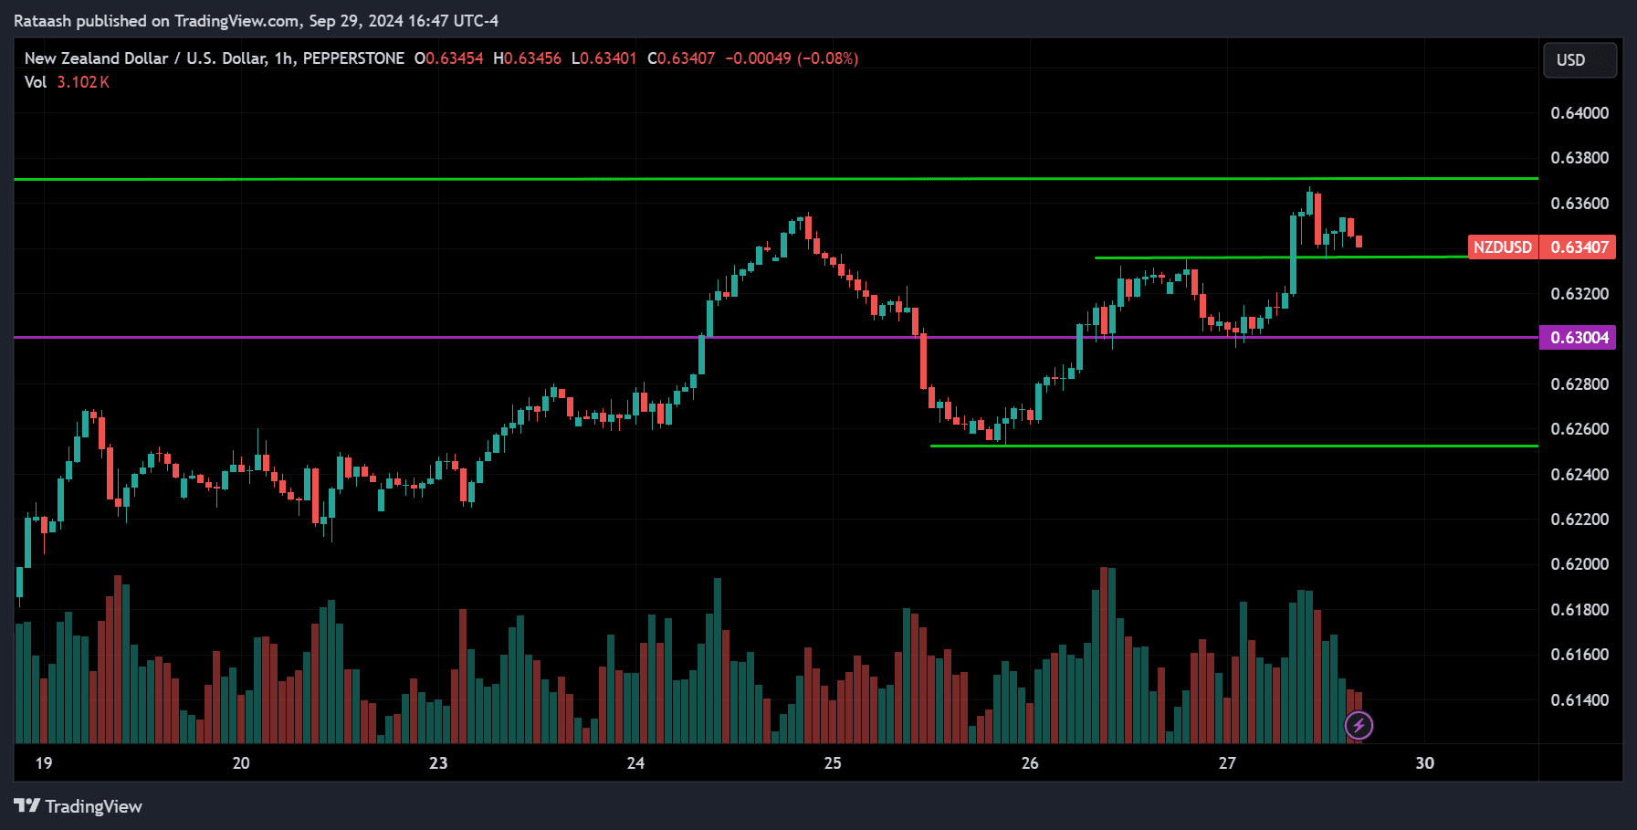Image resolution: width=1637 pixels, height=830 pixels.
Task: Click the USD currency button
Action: [x=1579, y=60]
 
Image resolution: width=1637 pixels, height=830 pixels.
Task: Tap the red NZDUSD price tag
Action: [x=1502, y=247]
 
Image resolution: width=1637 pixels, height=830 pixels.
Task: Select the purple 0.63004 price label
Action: [x=1579, y=338]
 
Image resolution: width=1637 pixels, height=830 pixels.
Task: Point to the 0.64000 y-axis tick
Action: [x=1579, y=113]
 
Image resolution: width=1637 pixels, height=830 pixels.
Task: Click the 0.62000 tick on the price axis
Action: [x=1579, y=564]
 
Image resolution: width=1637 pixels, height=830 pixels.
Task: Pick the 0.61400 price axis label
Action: [x=1579, y=700]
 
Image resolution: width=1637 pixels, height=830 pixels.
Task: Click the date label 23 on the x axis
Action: [x=438, y=763]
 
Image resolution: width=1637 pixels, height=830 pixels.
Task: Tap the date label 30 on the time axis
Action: [x=1424, y=763]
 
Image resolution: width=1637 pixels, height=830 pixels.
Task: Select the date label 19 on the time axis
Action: [x=44, y=763]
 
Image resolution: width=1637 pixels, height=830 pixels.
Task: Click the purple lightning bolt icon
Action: [x=1359, y=726]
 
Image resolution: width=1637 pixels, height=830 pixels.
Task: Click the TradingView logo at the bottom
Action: [x=79, y=806]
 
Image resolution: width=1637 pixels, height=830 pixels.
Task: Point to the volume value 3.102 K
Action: [x=83, y=82]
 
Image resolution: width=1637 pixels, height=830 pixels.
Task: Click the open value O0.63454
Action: [x=448, y=58]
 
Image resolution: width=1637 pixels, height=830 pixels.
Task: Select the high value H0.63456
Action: [x=527, y=58]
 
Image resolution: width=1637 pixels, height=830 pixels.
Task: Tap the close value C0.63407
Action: [x=681, y=58]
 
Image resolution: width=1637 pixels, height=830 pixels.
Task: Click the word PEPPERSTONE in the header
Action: [x=353, y=58]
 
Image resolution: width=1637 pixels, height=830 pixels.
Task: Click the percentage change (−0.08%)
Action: [x=827, y=58]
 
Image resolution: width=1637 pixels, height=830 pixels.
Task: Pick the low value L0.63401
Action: [x=603, y=58]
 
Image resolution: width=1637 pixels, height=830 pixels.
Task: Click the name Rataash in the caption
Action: [x=42, y=21]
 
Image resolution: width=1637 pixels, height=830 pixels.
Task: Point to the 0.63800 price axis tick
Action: [x=1579, y=158]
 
